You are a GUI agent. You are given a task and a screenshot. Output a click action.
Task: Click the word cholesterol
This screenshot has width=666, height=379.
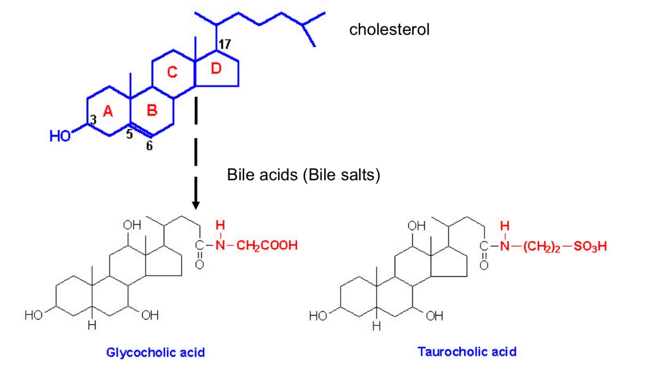coord(389,29)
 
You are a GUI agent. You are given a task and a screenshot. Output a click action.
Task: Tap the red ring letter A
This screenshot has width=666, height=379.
coord(108,113)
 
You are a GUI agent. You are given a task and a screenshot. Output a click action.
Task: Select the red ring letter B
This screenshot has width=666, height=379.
coord(152,111)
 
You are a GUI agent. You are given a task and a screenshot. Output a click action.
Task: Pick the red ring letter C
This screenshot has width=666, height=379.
coord(172,73)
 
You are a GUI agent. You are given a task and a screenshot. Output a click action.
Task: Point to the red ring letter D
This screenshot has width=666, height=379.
coord(216,69)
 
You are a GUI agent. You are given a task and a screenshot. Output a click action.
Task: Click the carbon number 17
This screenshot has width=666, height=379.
coord(224,44)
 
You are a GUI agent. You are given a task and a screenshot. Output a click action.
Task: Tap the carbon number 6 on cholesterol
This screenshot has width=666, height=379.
coord(149,146)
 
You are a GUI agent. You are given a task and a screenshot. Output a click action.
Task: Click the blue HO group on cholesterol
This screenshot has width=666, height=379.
coord(60,136)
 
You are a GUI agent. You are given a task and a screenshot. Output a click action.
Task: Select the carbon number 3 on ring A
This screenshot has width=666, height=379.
coord(93,120)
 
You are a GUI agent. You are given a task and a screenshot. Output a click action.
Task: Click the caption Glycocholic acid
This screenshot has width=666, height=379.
coord(155,353)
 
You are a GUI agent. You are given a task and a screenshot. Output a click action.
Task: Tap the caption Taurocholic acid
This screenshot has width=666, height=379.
coord(467,352)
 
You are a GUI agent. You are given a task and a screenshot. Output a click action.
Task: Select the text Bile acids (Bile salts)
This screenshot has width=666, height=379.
coord(304,176)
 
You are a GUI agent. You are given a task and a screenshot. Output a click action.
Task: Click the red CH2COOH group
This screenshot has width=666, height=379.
coord(267,246)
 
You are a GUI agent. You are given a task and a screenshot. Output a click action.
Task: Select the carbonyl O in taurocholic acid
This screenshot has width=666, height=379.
coord(483,265)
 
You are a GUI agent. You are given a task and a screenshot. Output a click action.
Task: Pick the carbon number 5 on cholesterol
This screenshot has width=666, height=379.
coord(129,134)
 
